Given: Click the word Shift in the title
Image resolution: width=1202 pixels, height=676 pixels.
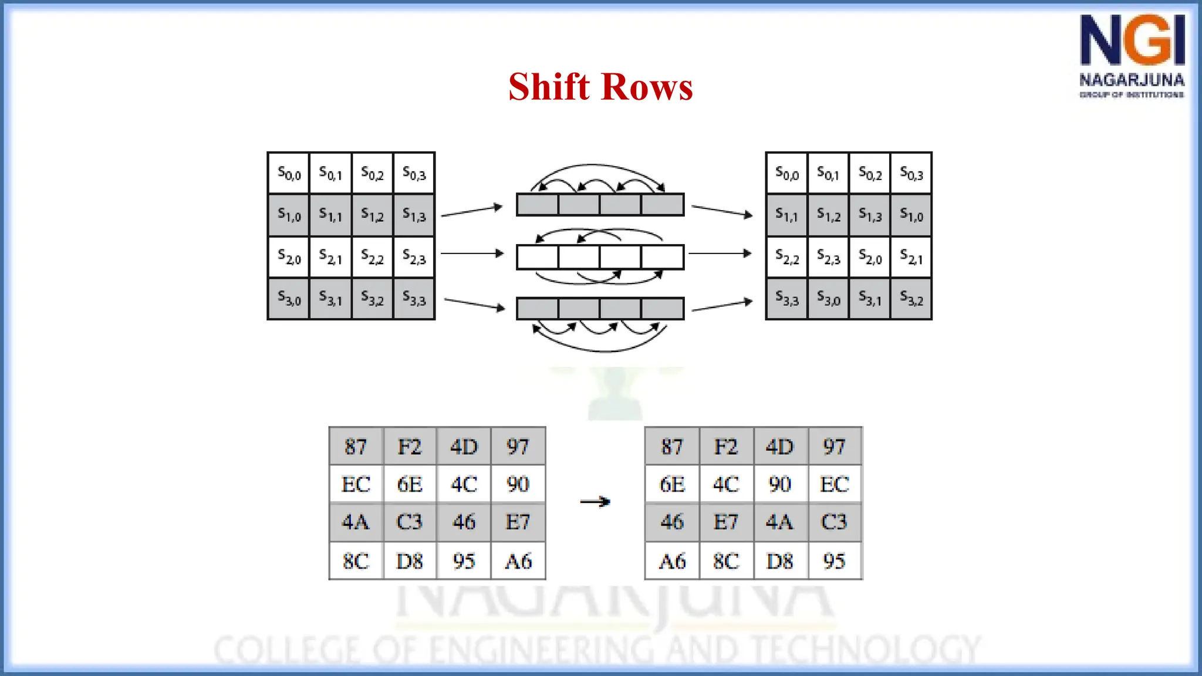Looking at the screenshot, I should pos(548,87).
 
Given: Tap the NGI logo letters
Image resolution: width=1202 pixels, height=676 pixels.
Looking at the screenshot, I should pos(1132,40).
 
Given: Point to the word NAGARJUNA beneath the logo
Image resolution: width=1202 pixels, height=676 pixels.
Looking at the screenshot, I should pos(1132,80).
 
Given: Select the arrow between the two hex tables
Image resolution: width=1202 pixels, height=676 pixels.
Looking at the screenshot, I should pos(595,502).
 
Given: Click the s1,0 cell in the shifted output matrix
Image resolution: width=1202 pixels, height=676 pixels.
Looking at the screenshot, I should pos(911,215).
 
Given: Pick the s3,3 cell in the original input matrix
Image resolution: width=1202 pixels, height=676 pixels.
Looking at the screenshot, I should pos(414,299).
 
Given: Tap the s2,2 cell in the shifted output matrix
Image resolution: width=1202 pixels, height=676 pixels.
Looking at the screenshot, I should pos(787,257).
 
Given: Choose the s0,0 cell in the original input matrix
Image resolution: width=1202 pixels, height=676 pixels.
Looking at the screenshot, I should pos(289,174).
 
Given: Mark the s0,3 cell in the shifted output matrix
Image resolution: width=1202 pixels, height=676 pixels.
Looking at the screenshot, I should pos(911,174).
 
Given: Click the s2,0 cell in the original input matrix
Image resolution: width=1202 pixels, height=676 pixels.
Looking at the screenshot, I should pos(289,257).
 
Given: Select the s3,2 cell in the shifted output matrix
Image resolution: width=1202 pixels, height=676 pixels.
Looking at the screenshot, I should pos(911,299).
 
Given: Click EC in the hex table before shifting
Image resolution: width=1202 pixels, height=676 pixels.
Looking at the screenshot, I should pos(356,485).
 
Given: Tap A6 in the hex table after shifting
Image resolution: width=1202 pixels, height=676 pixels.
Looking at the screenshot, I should pos(672,562).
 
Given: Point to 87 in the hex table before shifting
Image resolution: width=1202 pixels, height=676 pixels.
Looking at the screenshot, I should pos(356,447).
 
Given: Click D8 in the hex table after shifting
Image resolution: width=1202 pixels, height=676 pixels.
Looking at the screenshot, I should pos(780,562).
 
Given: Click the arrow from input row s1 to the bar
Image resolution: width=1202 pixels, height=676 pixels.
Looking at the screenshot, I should pos(472,211).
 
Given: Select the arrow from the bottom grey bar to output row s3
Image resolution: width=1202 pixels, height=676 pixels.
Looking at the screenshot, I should pos(722,305).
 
